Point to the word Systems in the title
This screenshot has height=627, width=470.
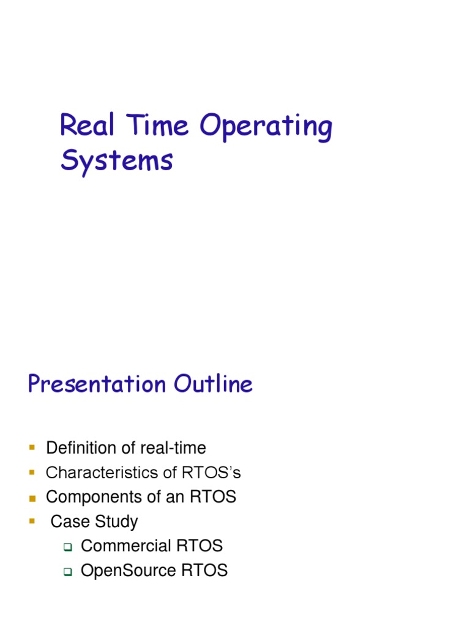tap(116, 161)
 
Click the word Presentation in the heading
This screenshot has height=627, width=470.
tap(97, 385)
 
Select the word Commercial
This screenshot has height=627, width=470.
tap(125, 546)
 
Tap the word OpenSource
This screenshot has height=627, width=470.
tap(129, 571)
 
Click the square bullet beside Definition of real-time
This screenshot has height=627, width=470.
tap(32, 448)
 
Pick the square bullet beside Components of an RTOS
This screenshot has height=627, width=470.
tap(32, 497)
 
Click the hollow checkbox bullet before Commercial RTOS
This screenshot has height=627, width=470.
tap(68, 547)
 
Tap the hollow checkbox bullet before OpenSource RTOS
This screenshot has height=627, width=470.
tap(68, 572)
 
